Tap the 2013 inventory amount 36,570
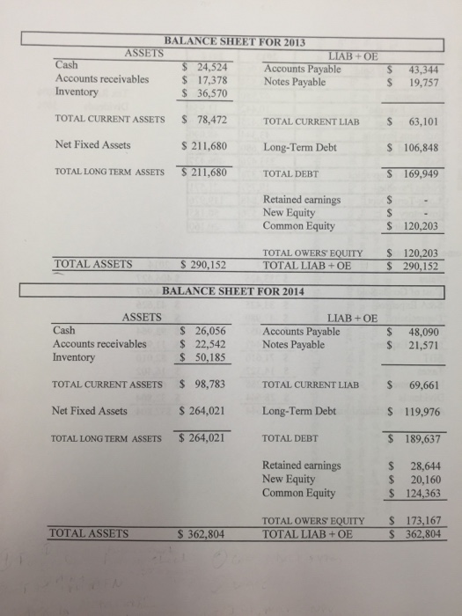209,92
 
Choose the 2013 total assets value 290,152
203,263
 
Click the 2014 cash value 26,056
209,331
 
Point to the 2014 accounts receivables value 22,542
209,344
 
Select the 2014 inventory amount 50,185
209,358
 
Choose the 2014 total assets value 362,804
203,533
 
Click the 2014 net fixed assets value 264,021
204,410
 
